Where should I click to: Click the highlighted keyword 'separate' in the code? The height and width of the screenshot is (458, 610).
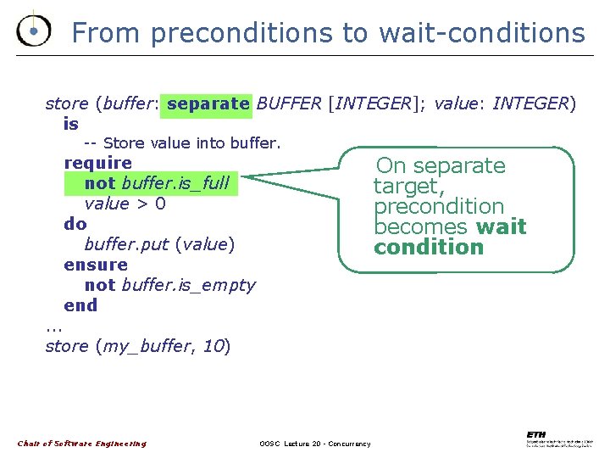point(208,103)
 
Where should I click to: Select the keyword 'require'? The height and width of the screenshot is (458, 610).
point(97,162)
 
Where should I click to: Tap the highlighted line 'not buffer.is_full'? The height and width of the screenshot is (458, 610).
point(157,183)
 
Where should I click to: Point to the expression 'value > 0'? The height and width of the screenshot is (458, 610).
point(125,204)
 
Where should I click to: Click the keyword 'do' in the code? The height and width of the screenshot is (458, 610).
point(75,224)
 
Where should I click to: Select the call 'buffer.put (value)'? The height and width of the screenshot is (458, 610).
point(158,244)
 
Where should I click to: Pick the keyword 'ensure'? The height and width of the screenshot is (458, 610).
point(95,265)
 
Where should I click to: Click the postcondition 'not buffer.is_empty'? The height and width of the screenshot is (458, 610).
point(169,285)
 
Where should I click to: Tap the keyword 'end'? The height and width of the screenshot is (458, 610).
point(80,305)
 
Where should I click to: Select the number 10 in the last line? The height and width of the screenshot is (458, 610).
point(213,346)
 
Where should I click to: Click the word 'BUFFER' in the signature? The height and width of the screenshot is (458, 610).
point(288,103)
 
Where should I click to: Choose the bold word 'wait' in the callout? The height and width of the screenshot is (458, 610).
point(501,227)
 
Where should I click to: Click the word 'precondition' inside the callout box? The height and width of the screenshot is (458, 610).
point(439,207)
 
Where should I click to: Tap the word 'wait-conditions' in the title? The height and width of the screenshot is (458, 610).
point(481,32)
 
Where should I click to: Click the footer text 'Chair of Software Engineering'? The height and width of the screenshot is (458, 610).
point(81,444)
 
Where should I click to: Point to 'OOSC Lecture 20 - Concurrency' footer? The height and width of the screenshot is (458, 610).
point(314,444)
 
